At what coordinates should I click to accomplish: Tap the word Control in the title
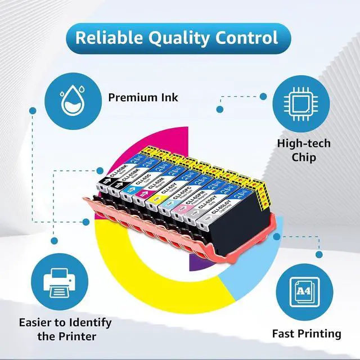tap(247, 38)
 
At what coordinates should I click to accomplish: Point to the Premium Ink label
tap(143, 97)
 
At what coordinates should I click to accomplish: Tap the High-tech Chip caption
tap(303, 150)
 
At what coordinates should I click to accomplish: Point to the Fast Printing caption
tap(307, 334)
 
